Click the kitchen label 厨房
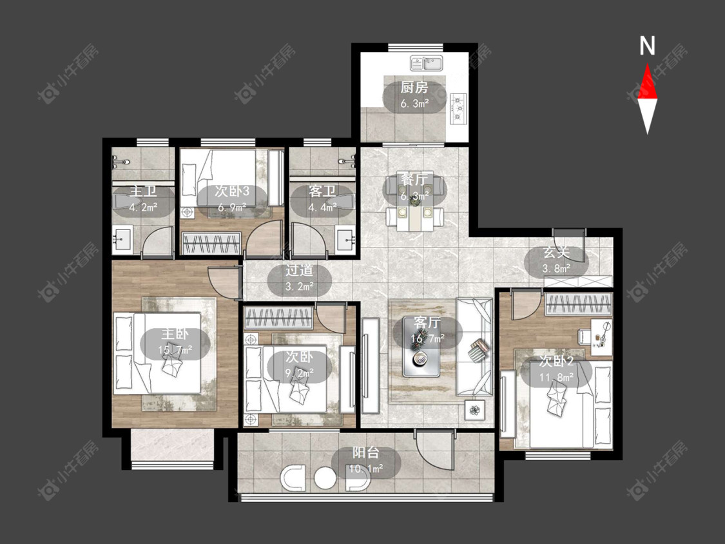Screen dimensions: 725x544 pyautogui.click(x=414, y=88)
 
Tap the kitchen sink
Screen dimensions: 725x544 pyautogui.click(x=427, y=63)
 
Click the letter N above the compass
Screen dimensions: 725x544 pyautogui.click(x=647, y=46)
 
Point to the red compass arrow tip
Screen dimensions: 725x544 pyautogui.click(x=647, y=64)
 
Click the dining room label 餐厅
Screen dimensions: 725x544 pyautogui.click(x=414, y=179)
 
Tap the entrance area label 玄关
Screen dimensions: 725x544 pyautogui.click(x=556, y=253)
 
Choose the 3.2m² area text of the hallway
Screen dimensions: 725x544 pyautogui.click(x=299, y=286)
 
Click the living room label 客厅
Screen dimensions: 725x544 pyautogui.click(x=427, y=322)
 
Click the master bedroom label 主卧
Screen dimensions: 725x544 pyautogui.click(x=174, y=334)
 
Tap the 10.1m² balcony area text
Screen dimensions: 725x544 pyautogui.click(x=366, y=469)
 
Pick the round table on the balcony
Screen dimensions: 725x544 pyautogui.click(x=325, y=479)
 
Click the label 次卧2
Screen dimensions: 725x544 pyautogui.click(x=557, y=362)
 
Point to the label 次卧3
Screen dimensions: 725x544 pyautogui.click(x=232, y=191)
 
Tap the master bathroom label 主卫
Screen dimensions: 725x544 pyautogui.click(x=143, y=191)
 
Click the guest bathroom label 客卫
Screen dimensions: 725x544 pyautogui.click(x=322, y=191)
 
